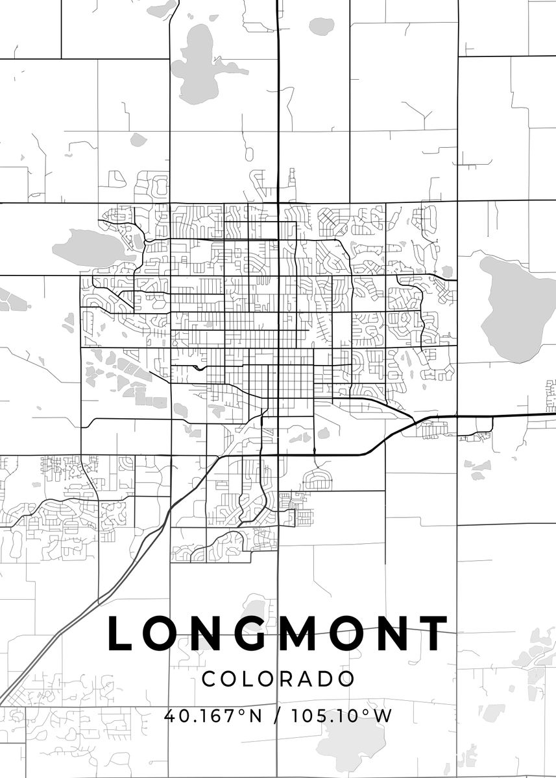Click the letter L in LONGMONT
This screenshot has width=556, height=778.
(121, 633)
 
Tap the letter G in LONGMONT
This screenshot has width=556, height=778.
(252, 633)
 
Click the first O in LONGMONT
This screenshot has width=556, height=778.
(162, 633)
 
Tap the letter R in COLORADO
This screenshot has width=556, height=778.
(284, 679)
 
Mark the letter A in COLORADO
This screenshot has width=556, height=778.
(304, 679)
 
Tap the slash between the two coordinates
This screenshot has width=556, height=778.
(278, 716)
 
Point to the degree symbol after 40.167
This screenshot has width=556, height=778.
(242, 712)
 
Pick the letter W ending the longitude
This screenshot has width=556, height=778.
(383, 716)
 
